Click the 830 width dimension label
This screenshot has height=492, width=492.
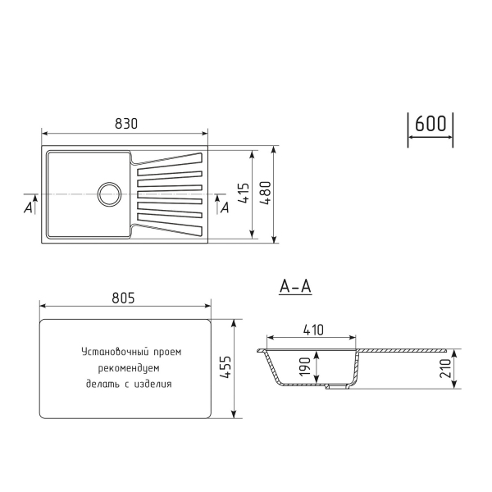pos(125,123)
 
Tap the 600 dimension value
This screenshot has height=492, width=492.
pos(430,124)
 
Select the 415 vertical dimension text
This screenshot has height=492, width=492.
pos(244,194)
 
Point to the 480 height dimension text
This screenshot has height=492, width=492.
pos(265,194)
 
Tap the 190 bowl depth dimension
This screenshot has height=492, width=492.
pos(303,367)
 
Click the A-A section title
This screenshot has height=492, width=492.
pos(295,286)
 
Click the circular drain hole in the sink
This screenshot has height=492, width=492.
pos(109,194)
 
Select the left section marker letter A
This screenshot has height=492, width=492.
pos(29,207)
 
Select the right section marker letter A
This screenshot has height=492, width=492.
pos(225,207)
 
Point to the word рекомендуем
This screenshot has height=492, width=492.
pos(130,367)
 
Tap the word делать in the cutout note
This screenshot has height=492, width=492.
pos(102,383)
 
